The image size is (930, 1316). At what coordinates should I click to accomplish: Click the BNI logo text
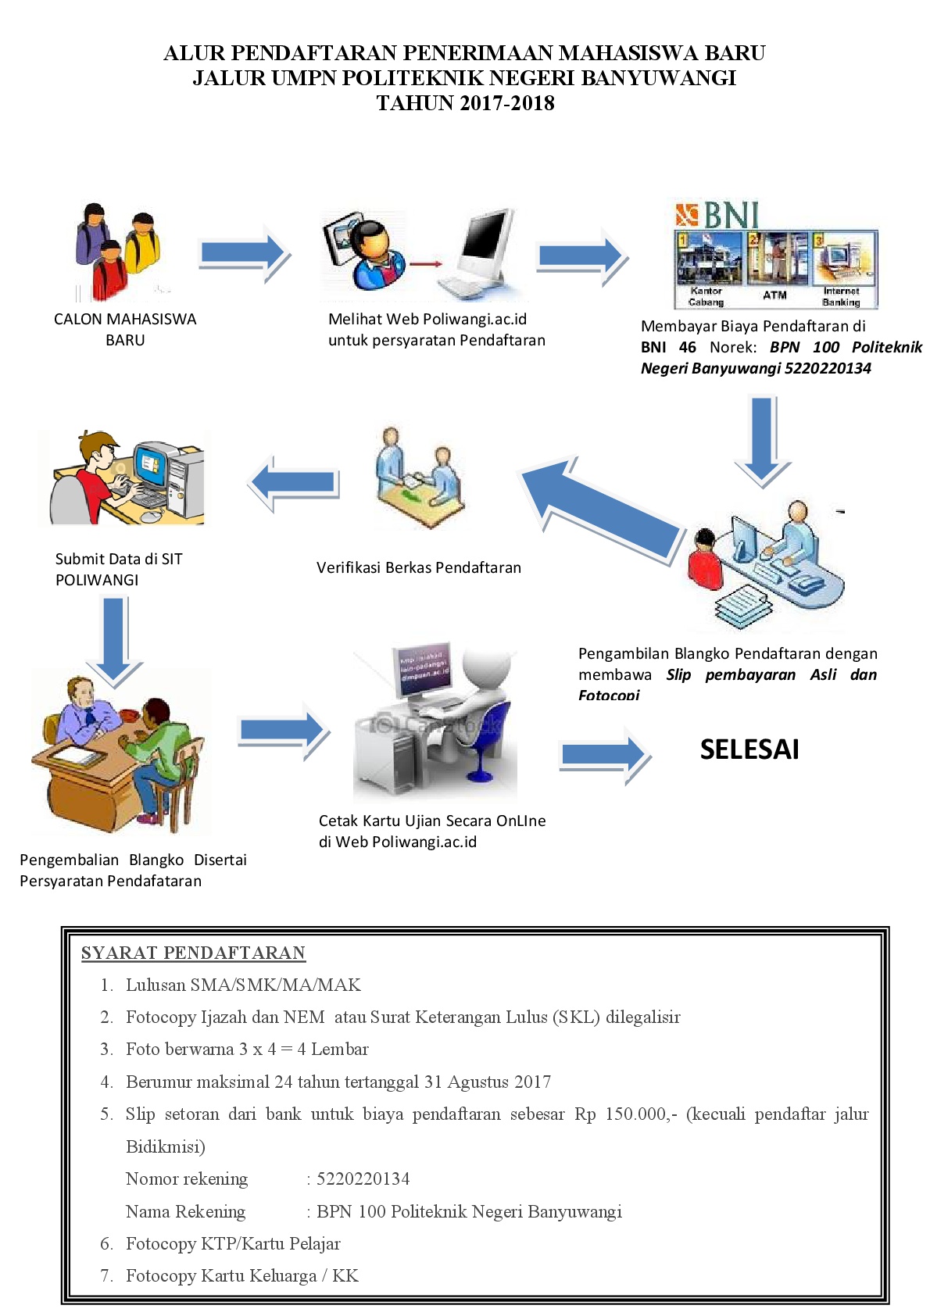click(731, 215)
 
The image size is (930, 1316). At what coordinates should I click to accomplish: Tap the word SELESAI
click(749, 749)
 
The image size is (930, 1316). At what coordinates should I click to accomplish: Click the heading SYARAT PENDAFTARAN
click(193, 953)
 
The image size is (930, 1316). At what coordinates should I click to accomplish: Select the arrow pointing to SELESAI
click(604, 755)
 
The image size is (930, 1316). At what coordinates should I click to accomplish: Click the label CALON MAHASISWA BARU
click(125, 329)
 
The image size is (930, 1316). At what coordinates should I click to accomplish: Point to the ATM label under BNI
click(774, 295)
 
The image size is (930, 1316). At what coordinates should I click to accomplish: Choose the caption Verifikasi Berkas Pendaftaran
click(418, 567)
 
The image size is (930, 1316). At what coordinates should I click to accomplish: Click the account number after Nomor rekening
click(363, 1178)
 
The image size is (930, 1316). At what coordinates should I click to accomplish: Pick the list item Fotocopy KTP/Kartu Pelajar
click(232, 1243)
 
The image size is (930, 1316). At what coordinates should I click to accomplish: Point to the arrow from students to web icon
click(244, 253)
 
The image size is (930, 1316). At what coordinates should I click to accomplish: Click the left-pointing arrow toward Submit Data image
click(295, 482)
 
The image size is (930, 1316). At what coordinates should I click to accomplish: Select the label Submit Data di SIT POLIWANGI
click(118, 569)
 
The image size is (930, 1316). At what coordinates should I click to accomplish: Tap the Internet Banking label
click(840, 296)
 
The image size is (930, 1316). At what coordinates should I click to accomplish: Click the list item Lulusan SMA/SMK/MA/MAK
click(243, 985)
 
